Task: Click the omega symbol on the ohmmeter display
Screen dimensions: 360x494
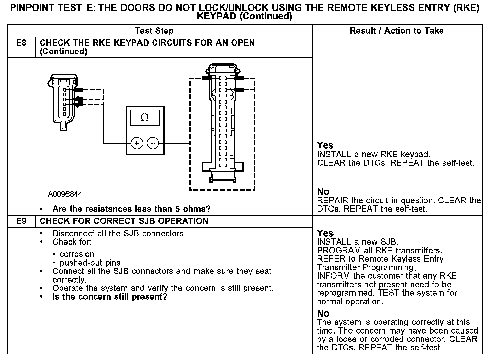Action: click(x=145, y=118)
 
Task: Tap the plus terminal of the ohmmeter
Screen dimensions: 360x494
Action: click(x=137, y=143)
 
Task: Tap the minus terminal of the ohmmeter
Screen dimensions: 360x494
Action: click(x=153, y=143)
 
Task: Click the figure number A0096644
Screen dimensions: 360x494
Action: click(x=65, y=194)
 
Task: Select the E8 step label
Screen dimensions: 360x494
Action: click(x=21, y=43)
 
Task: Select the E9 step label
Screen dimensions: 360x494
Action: click(x=21, y=221)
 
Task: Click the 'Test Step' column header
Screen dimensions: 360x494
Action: click(x=154, y=31)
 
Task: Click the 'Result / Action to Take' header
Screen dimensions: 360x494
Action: click(x=397, y=31)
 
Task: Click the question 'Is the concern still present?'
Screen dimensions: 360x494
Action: click(x=110, y=297)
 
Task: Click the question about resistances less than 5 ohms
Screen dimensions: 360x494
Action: click(x=131, y=209)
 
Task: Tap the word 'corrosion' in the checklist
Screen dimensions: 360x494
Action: click(x=77, y=254)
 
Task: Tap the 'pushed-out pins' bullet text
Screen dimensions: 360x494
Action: click(x=90, y=263)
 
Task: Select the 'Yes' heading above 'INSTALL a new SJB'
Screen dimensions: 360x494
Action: click(x=325, y=233)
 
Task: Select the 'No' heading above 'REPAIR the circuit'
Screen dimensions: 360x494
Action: click(x=323, y=192)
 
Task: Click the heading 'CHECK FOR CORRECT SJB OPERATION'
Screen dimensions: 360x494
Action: click(x=124, y=221)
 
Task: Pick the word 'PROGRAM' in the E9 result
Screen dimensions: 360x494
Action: click(x=334, y=251)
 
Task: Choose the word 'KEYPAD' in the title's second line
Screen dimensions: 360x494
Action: click(x=217, y=17)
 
